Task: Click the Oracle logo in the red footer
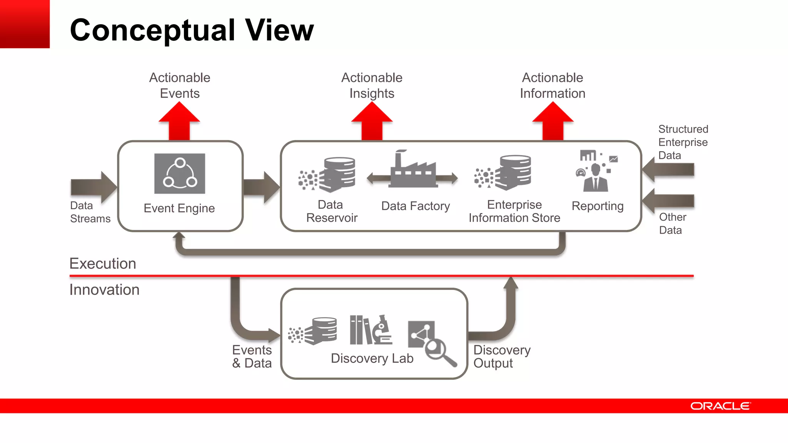[x=720, y=406]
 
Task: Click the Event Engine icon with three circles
[x=180, y=173]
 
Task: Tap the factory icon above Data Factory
[x=412, y=170]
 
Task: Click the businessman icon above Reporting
[x=596, y=178]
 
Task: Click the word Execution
[x=103, y=264]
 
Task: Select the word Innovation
[x=104, y=290]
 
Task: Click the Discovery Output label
[x=502, y=356]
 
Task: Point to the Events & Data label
[x=252, y=356]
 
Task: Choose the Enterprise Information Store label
[x=514, y=211]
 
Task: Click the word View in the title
[x=279, y=30]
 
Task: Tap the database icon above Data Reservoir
[x=339, y=174]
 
